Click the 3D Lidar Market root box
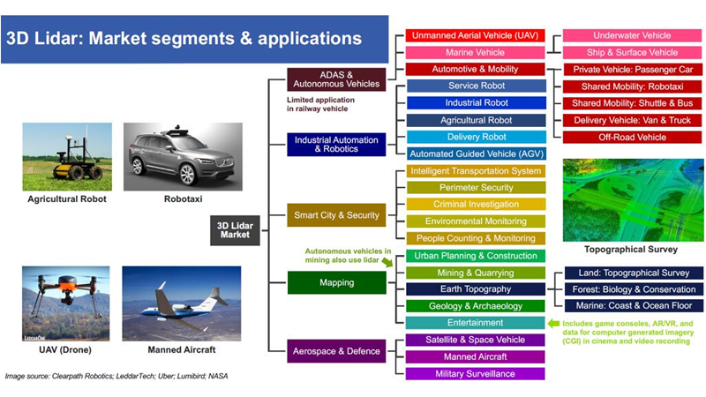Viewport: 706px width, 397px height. coord(235,230)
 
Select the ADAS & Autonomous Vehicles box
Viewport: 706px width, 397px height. coord(336,79)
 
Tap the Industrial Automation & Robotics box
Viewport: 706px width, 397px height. coord(336,145)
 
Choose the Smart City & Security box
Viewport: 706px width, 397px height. coord(336,215)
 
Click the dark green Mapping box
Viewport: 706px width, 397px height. coord(337,282)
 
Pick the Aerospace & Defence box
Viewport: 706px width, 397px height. coord(336,351)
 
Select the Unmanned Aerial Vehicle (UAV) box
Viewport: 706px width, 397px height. coord(475,35)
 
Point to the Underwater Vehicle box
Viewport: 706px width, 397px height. coord(632,35)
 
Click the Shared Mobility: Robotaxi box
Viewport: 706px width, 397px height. coord(632,86)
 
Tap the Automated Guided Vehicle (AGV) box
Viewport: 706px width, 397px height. coord(477,154)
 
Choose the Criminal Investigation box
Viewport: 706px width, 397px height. coord(476,205)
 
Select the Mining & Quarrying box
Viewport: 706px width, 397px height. coord(476,273)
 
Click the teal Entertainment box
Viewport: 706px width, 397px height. coord(475,323)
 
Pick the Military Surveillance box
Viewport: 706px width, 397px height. coord(475,373)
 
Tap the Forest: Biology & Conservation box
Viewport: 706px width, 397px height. coord(634,289)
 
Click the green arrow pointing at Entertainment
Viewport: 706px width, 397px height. coord(553,323)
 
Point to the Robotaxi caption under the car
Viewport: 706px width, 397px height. coord(183,199)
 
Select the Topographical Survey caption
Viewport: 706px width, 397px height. coord(631,250)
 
